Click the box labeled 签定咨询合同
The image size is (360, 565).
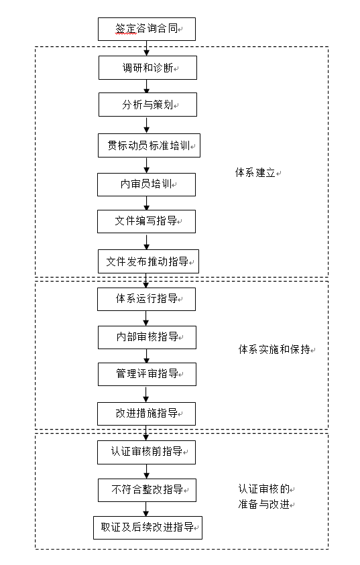(x=146, y=29)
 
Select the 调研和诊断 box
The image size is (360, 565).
(x=147, y=68)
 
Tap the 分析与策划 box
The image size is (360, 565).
(x=147, y=105)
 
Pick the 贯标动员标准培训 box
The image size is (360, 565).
(x=149, y=145)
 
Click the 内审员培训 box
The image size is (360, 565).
(x=146, y=184)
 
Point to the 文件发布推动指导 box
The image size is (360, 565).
(x=148, y=261)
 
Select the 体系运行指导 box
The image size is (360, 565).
(x=146, y=299)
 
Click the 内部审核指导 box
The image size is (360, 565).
(x=147, y=337)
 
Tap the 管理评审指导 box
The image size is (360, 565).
(x=147, y=374)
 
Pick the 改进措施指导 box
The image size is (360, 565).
(x=146, y=414)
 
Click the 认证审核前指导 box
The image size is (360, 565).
(x=146, y=452)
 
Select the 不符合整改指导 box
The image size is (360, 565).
(x=147, y=489)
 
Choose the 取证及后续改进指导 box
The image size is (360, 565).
(x=147, y=527)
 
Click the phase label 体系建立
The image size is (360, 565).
(x=255, y=173)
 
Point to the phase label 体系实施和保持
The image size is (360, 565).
(x=274, y=350)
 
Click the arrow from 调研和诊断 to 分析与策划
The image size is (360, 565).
(x=147, y=86)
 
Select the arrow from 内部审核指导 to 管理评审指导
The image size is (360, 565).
(x=146, y=356)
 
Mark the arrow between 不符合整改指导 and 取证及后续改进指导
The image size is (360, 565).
(x=146, y=509)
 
